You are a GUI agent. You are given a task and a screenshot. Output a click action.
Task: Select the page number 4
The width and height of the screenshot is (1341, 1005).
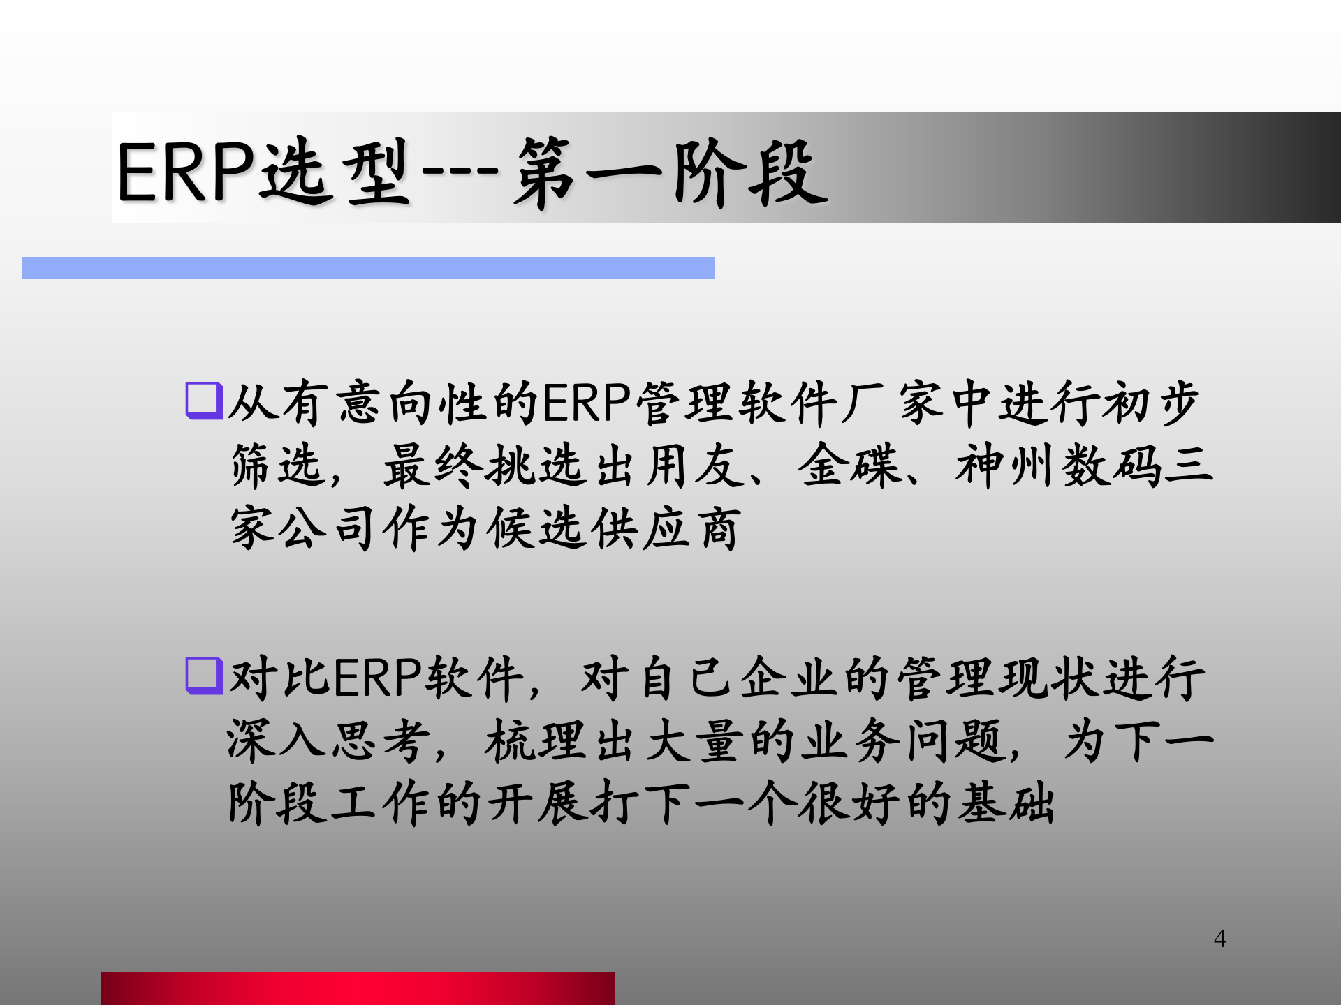click(1219, 939)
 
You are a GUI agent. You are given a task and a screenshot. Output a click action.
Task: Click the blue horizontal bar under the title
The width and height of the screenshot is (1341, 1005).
click(368, 268)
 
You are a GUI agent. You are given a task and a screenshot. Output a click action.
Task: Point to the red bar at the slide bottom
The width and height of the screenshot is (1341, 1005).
click(357, 988)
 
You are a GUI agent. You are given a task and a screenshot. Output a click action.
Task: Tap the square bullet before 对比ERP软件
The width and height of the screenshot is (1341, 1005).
click(203, 676)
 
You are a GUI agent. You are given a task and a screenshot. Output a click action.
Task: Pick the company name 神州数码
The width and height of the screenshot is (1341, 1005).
click(1058, 466)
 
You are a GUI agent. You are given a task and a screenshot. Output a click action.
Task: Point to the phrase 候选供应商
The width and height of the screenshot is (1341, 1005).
click(613, 528)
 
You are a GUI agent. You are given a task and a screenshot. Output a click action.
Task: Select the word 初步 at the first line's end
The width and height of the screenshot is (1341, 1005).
click(1150, 403)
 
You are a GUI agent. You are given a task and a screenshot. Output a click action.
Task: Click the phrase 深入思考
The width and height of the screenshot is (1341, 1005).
click(327, 740)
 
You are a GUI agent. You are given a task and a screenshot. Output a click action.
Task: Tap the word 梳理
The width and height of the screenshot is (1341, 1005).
click(535, 740)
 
